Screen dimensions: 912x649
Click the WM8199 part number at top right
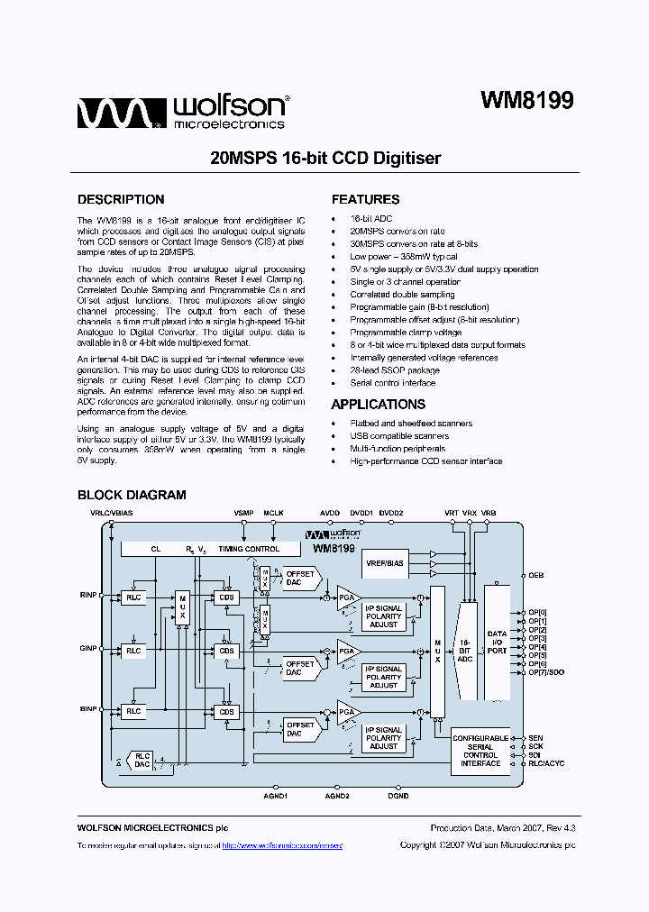coord(526,100)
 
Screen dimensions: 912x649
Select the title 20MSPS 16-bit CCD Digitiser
coord(325,159)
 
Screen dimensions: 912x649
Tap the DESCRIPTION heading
coord(121,200)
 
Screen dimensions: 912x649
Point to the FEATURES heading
coord(365,200)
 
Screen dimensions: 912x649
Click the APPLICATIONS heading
coord(378,405)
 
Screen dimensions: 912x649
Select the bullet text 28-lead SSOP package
coord(395,370)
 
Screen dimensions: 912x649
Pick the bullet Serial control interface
coord(392,383)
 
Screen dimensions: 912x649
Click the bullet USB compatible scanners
coord(399,436)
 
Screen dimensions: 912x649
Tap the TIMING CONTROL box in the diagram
coord(249,549)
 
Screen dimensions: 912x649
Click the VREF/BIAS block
coord(385,563)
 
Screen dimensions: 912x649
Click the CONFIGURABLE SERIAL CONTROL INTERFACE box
coord(480,751)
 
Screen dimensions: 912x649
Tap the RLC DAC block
coord(142,759)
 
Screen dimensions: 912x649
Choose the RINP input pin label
coord(88,595)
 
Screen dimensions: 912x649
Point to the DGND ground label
coord(398,796)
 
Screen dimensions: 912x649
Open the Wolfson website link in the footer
coord(282,845)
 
